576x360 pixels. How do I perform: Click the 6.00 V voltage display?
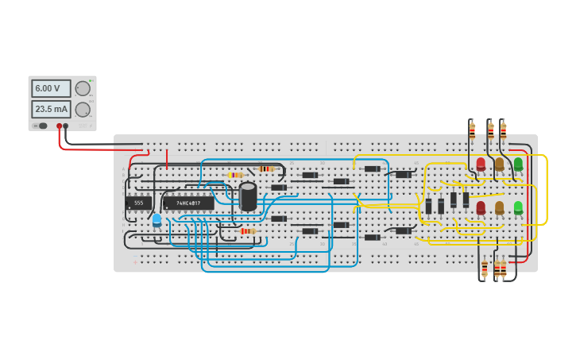[x=51, y=88]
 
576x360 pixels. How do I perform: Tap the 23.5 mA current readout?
[x=51, y=109]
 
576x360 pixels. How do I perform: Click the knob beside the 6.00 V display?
[x=83, y=88]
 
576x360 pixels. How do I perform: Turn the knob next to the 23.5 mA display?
[x=83, y=110]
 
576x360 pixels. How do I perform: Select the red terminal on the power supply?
[x=59, y=126]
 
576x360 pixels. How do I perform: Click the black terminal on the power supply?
[x=66, y=126]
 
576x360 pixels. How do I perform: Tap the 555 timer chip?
[x=138, y=203]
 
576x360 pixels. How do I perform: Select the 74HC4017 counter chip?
[x=188, y=203]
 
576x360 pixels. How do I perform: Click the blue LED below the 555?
[x=157, y=219]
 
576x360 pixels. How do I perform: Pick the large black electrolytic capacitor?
[x=248, y=197]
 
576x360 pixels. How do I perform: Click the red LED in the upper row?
[x=481, y=164]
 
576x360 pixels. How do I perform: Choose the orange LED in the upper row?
[x=499, y=164]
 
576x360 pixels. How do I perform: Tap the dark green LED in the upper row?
[x=518, y=164]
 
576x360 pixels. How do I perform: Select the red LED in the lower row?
[x=481, y=207]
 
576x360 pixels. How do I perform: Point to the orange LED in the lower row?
[x=499, y=207]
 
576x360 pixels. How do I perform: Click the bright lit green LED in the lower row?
[x=518, y=207]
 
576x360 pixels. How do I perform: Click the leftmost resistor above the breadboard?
[x=472, y=130]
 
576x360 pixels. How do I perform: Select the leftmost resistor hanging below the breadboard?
[x=485, y=267]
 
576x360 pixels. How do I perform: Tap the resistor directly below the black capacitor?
[x=247, y=231]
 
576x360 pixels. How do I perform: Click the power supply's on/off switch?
[x=41, y=126]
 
